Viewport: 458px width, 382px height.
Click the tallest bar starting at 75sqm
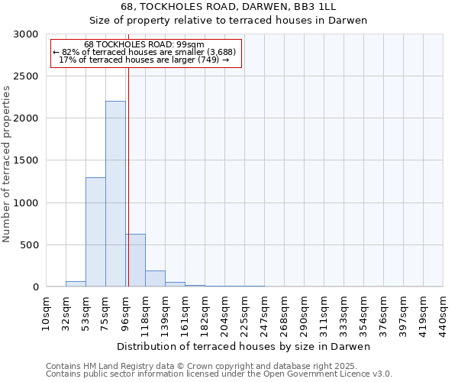pyautogui.click(x=115, y=194)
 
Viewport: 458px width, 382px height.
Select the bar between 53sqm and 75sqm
pyautogui.click(x=95, y=232)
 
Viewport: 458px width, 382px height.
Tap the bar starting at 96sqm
pyautogui.click(x=135, y=261)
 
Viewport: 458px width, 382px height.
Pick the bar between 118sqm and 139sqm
pyautogui.click(x=155, y=279)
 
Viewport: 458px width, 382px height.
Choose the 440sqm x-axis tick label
pyautogui.click(x=443, y=313)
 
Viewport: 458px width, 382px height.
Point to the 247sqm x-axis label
pyautogui.click(x=264, y=313)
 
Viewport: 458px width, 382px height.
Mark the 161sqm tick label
pyautogui.click(x=185, y=313)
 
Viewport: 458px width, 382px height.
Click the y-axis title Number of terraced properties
pyautogui.click(x=7, y=164)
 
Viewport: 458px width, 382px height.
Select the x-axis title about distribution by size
pyautogui.click(x=244, y=347)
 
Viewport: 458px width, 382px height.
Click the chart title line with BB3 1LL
pyautogui.click(x=228, y=7)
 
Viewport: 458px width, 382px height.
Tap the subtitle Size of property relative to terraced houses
pyautogui.click(x=228, y=21)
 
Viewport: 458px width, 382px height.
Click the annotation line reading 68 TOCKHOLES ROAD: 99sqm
pyautogui.click(x=144, y=45)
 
